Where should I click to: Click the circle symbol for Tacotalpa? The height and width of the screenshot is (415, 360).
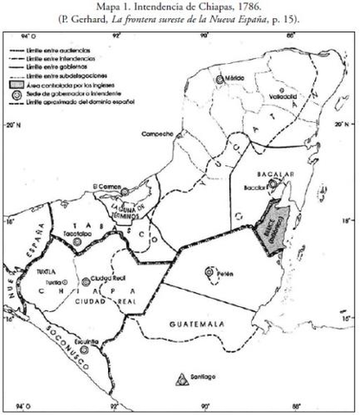78,244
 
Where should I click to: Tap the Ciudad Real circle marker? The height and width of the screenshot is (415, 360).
85,281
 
